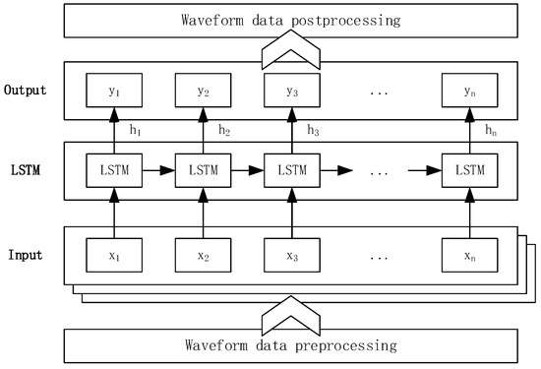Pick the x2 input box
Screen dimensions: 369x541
point(203,255)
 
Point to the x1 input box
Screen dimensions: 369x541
point(113,255)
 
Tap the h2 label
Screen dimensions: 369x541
point(224,130)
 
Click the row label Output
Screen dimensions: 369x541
point(30,92)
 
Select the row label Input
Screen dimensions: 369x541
point(27,256)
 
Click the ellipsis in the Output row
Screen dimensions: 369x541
point(381,93)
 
